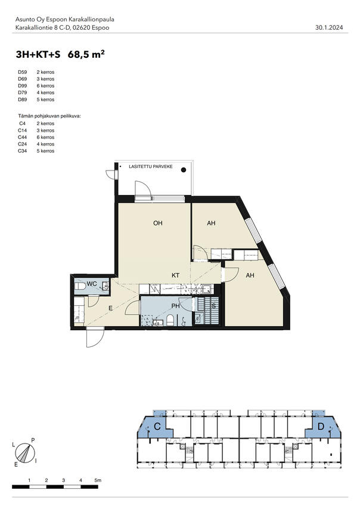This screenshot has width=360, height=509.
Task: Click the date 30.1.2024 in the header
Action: (x=328, y=27)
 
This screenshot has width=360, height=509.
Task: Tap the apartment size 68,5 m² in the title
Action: (x=87, y=54)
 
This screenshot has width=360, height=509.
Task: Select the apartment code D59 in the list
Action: (x=23, y=72)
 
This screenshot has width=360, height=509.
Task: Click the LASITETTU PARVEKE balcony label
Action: (x=150, y=167)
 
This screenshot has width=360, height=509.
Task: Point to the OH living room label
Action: (x=158, y=224)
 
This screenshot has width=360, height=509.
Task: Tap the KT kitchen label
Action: (x=176, y=275)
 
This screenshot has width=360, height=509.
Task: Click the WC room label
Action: (x=92, y=284)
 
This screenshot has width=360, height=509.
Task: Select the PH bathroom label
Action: (x=176, y=306)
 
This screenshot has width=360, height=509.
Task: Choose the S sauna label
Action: (x=214, y=306)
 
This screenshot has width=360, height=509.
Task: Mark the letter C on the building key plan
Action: (x=157, y=427)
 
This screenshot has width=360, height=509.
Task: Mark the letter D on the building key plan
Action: (x=321, y=427)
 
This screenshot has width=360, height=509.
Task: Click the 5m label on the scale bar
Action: (x=98, y=480)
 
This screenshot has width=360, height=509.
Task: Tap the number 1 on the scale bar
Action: (x=29, y=480)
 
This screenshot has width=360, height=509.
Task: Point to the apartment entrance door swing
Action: (x=94, y=337)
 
